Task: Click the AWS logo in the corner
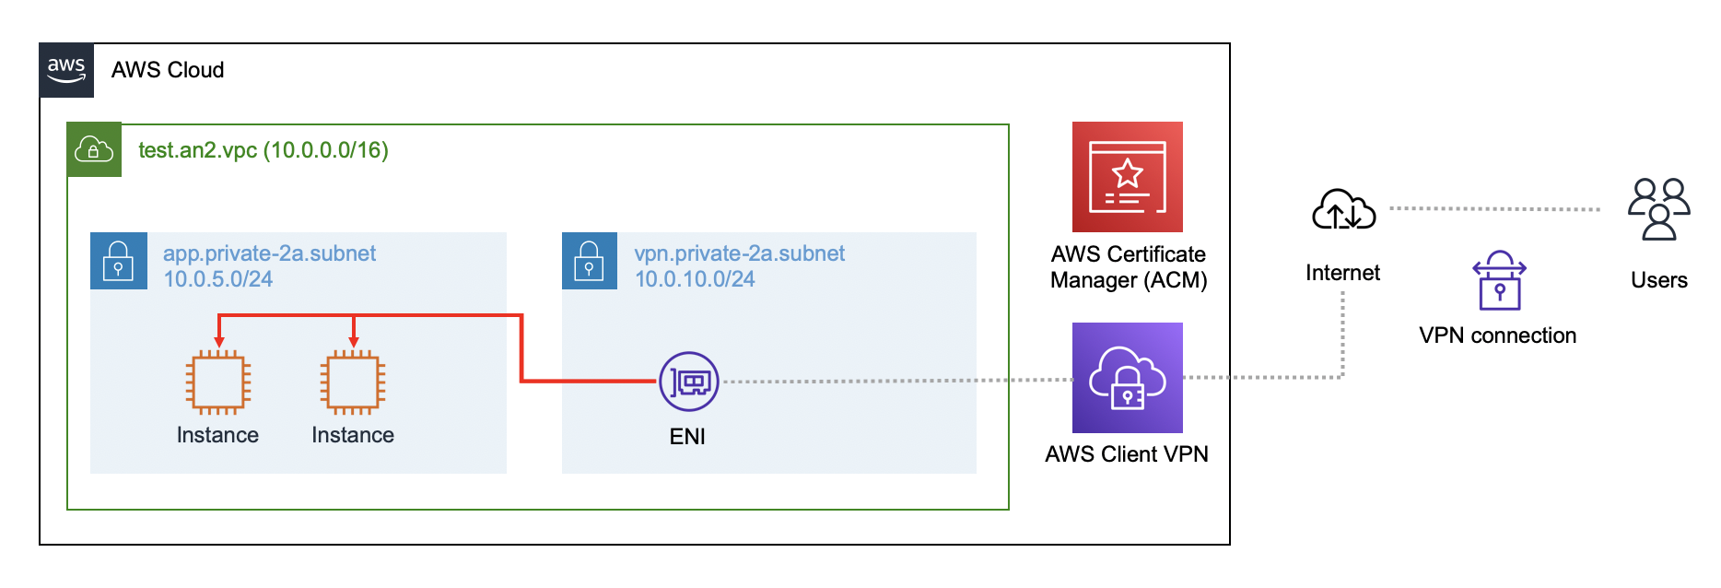[66, 70]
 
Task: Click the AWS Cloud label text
[168, 70]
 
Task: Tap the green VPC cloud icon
[94, 149]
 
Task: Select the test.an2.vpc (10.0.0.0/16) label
[263, 150]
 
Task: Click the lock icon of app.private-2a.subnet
[118, 261]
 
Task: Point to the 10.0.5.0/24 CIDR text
[218, 279]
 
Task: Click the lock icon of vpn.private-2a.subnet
[590, 261]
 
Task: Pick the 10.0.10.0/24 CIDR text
[695, 279]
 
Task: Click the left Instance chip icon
[218, 382]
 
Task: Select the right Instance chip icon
[353, 382]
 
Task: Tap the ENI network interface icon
[689, 382]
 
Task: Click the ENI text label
[687, 437]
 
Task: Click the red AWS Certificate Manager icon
[1127, 177]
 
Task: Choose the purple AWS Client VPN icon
[1127, 378]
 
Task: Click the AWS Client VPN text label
[1127, 454]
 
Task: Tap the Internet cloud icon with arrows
[1343, 210]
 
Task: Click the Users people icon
[1658, 209]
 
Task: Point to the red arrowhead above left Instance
[219, 342]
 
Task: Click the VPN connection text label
[1497, 335]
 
